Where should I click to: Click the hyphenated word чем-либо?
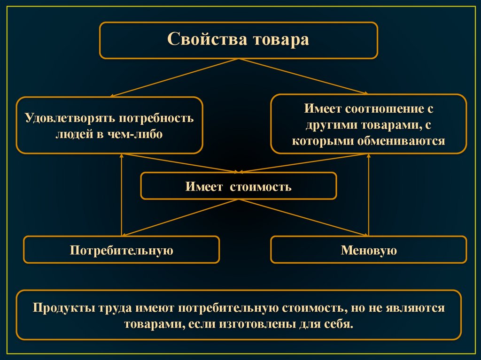(138, 134)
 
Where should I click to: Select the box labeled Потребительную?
(122, 250)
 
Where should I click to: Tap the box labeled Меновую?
(369, 250)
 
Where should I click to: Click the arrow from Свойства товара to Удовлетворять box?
(174, 78)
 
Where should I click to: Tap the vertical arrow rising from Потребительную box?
(122, 195)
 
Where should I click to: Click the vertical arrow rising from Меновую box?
(369, 195)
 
